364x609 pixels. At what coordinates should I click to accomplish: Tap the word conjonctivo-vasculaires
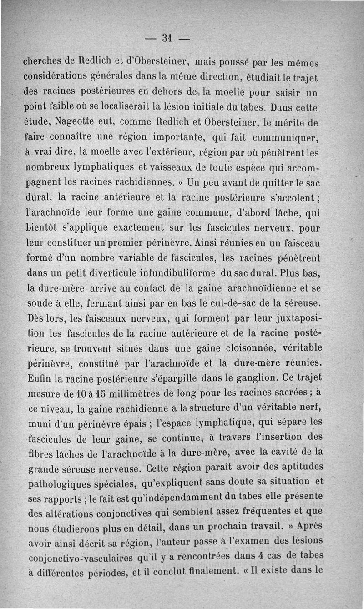[80, 558]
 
